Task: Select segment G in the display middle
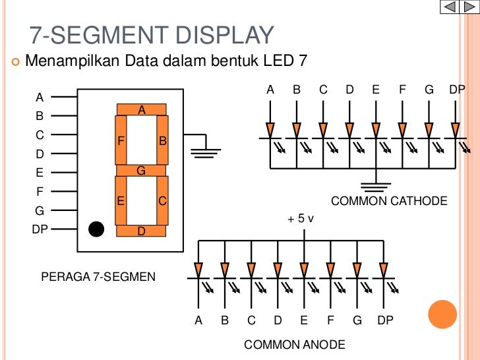tap(141, 171)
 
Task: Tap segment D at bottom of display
tap(141, 231)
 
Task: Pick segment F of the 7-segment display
tap(121, 140)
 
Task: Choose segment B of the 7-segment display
tap(162, 140)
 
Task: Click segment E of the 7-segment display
tap(121, 200)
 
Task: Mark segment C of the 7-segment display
tap(162, 200)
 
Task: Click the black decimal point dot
tap(96, 229)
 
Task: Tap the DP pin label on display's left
tap(40, 229)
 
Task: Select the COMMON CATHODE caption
tap(388, 201)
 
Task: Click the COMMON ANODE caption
tap(294, 345)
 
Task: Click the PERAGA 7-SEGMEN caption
tap(98, 276)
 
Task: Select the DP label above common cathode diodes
tap(457, 90)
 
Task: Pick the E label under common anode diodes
tap(304, 321)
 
